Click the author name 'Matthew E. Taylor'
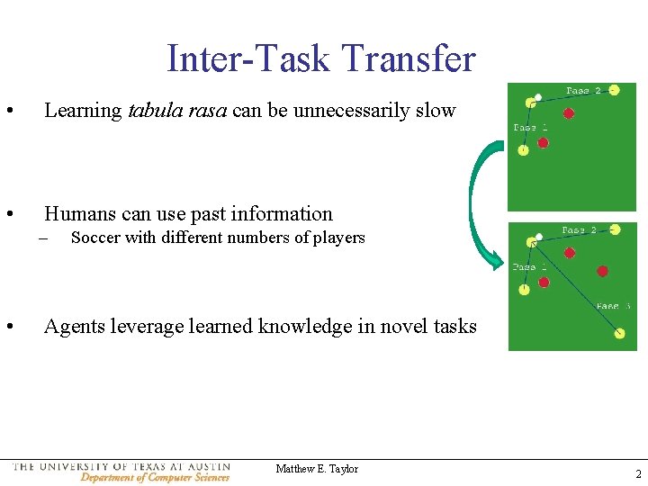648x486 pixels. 317,469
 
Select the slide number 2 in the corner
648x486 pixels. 637,474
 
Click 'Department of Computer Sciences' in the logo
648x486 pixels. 155,477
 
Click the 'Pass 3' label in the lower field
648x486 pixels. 613,306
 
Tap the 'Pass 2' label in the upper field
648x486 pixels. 583,91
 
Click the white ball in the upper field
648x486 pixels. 538,96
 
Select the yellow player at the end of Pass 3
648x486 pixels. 619,334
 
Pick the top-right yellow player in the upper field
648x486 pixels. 613,90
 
